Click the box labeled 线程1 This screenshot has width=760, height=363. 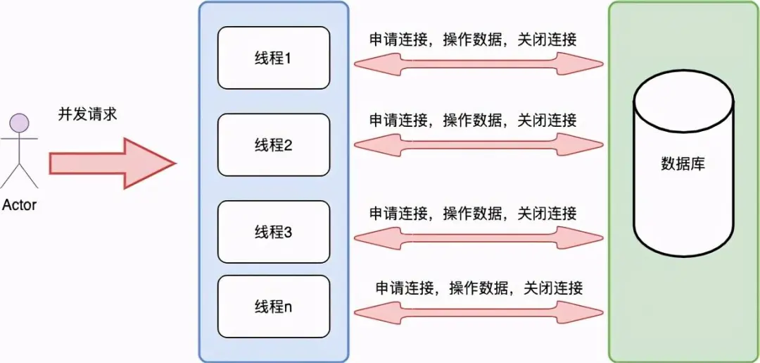click(x=273, y=58)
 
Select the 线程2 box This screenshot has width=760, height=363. click(x=273, y=145)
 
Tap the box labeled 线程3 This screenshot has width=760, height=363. click(x=273, y=232)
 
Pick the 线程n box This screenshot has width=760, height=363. click(x=273, y=307)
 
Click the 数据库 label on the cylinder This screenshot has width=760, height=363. click(x=683, y=164)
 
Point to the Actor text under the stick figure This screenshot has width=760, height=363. click(x=19, y=206)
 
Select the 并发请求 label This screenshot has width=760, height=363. click(x=87, y=115)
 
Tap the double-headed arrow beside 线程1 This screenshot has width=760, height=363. click(x=479, y=64)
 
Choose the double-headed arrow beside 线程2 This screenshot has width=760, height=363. click(x=479, y=144)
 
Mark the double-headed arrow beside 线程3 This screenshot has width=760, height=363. click(x=479, y=238)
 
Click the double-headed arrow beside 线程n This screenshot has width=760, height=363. click(x=479, y=312)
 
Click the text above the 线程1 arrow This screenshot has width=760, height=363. click(x=473, y=40)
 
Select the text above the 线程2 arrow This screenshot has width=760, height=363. click(x=473, y=121)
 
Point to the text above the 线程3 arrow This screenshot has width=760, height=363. click(x=473, y=213)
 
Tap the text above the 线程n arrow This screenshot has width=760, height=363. click(x=479, y=288)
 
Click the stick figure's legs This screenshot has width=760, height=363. click(x=19, y=177)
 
